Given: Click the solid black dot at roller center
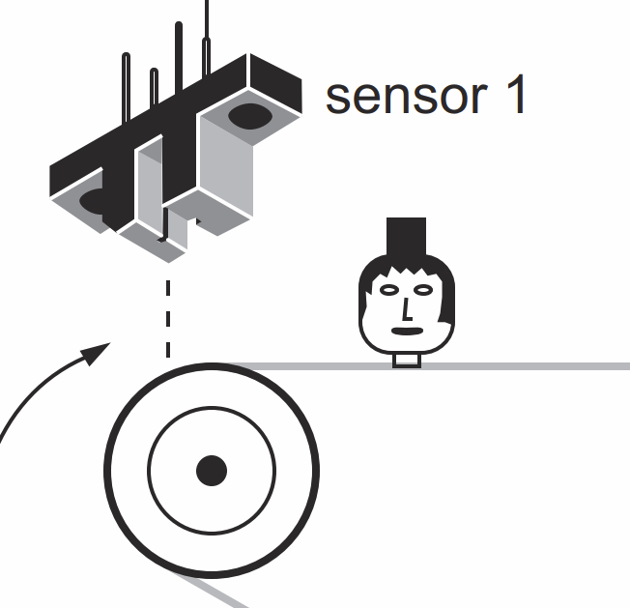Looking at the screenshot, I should tap(211, 471).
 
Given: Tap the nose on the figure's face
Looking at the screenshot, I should tap(407, 309).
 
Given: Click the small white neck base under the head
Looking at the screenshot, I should tap(406, 361).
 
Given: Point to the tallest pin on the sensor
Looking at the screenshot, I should tap(207, 29).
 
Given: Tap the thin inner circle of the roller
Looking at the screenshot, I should tap(150, 471).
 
